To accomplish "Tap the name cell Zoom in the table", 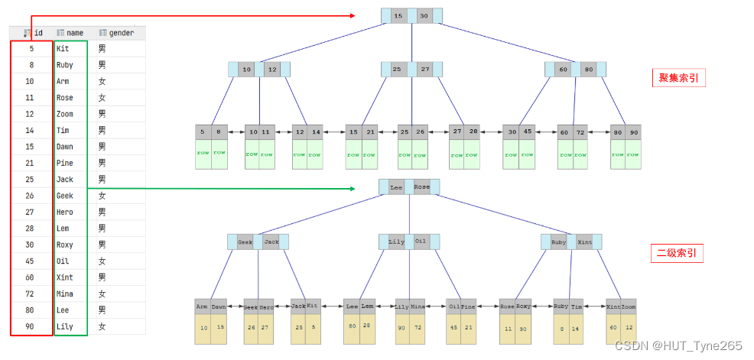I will [66, 114].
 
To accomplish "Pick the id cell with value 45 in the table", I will [29, 261].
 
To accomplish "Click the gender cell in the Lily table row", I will [102, 326].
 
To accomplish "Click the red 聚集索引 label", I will [678, 77].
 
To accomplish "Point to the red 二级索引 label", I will [678, 254].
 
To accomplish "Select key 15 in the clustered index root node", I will [398, 15].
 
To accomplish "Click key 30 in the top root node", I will [424, 15].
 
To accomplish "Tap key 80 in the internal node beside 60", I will [588, 70].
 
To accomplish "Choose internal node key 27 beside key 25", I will [425, 70].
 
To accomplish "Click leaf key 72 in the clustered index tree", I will [581, 132].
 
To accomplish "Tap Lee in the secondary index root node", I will [396, 187].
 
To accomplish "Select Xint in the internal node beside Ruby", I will [585, 242].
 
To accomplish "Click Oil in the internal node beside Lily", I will [421, 242].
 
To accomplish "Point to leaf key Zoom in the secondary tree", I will [629, 306].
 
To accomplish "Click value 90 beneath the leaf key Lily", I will [401, 328].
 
